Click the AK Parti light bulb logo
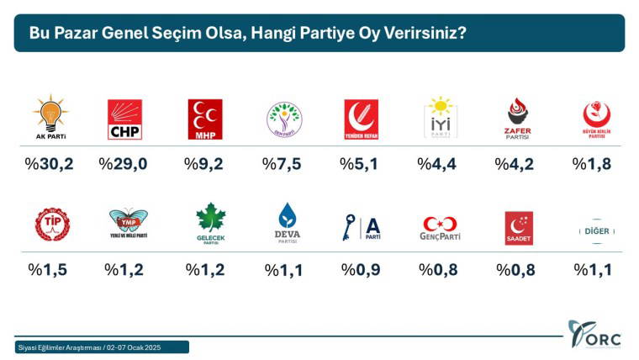click(50, 116)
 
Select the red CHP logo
click(124, 119)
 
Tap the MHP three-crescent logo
click(204, 119)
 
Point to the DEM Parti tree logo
click(283, 119)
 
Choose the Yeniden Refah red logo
click(362, 119)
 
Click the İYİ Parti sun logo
click(440, 117)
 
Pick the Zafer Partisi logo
click(518, 119)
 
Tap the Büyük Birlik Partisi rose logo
click(596, 119)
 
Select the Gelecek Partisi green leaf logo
click(211, 222)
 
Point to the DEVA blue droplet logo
click(288, 222)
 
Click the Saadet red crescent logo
click(518, 225)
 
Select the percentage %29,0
click(124, 163)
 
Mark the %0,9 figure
click(359, 269)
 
